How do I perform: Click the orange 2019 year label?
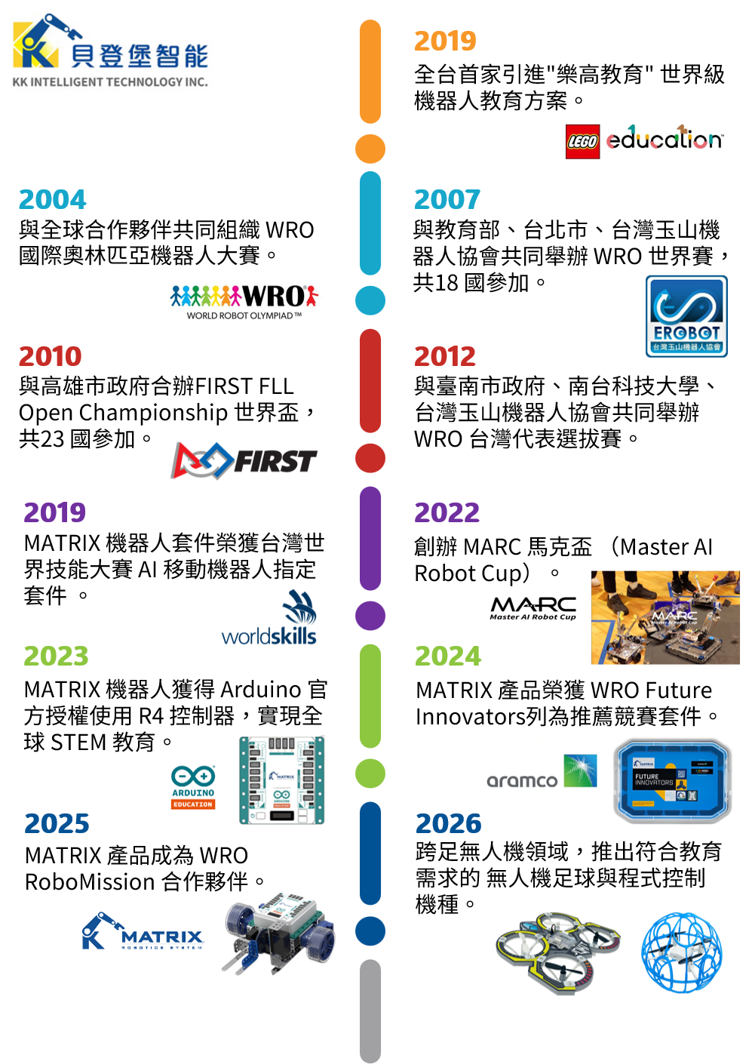[x=445, y=41]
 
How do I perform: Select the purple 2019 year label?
[x=54, y=512]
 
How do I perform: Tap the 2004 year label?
[x=52, y=199]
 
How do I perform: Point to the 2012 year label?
[x=445, y=356]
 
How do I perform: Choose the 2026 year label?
[x=448, y=823]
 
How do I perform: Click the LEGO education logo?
[x=645, y=141]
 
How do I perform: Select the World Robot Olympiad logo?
[x=244, y=301]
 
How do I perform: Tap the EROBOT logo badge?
[x=686, y=316]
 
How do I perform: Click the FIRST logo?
[x=244, y=460]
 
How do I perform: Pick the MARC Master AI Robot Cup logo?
[x=533, y=609]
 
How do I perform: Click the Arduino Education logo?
[x=193, y=787]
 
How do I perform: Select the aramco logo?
[x=541, y=772]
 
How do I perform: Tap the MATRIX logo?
[x=143, y=930]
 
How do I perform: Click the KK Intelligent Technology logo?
[x=110, y=48]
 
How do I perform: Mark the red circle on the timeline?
[x=370, y=458]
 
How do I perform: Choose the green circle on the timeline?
[x=370, y=773]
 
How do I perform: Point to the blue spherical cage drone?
[x=681, y=952]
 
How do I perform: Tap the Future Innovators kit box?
[x=673, y=780]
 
